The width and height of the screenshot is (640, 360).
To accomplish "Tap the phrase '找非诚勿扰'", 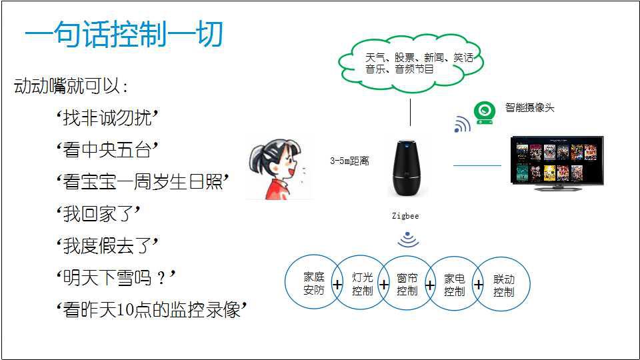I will click(x=107, y=119).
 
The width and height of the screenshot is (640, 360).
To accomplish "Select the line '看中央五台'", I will click(x=107, y=150).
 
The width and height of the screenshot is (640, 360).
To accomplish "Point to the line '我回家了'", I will click(x=98, y=214).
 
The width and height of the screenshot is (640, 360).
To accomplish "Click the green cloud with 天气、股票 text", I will click(x=411, y=63).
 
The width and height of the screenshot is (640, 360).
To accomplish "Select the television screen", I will click(x=557, y=161).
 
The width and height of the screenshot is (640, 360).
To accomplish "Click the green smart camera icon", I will click(x=485, y=113).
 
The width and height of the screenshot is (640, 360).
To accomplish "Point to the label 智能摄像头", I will click(x=529, y=107).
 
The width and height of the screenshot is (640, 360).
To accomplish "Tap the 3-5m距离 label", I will click(x=349, y=161).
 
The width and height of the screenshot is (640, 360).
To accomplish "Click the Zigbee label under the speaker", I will click(x=405, y=216).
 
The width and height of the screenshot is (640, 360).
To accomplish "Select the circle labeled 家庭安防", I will click(x=313, y=283).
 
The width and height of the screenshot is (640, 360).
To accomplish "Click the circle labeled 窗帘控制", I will click(x=407, y=284).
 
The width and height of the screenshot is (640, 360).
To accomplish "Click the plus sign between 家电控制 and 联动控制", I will click(x=478, y=285).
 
